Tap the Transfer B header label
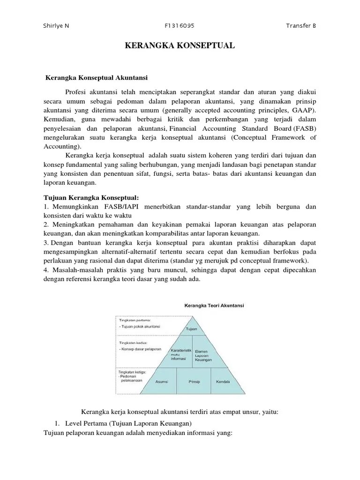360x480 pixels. [x=301, y=25]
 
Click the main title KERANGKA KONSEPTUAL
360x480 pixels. [x=180, y=46]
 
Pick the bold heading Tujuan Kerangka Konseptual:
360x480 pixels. [x=91, y=197]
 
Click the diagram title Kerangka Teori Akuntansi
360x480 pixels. [x=213, y=305]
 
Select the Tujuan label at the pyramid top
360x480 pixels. [x=191, y=330]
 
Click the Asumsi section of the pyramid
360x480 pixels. [x=161, y=382]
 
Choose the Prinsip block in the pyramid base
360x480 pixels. [x=194, y=382]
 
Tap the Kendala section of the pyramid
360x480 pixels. [x=223, y=382]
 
